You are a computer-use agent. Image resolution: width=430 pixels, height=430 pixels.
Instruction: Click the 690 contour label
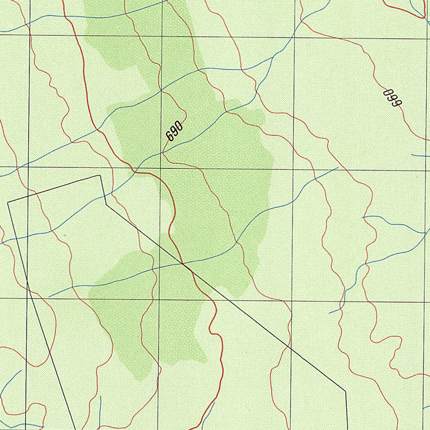click(x=174, y=131)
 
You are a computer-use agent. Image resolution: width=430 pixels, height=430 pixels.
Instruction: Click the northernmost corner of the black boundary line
click(x=100, y=176)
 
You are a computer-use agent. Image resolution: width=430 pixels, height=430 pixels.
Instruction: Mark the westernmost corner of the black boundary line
click(x=8, y=203)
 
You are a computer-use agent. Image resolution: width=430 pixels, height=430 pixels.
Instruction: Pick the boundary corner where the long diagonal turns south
click(x=346, y=391)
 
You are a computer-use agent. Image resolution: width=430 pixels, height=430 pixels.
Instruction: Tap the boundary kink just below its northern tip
click(x=105, y=203)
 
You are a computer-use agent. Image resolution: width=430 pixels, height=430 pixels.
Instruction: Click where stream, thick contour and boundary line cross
click(x=182, y=264)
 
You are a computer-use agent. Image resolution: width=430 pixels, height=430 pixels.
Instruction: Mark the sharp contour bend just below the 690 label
click(x=163, y=154)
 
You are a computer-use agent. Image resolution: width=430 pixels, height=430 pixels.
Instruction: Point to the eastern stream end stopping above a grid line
click(x=338, y=168)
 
